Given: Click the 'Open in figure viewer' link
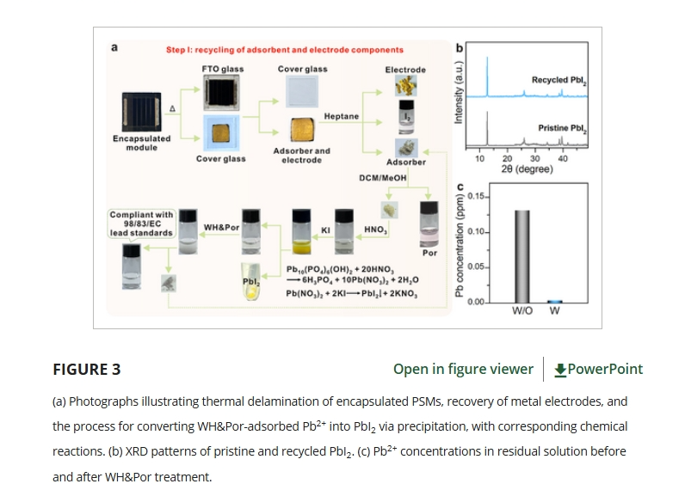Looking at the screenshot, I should (x=463, y=369).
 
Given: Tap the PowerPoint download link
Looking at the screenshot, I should (x=598, y=369).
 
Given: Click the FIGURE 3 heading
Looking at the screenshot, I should (x=87, y=370).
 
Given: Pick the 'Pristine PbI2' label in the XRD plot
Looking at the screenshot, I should (x=562, y=128).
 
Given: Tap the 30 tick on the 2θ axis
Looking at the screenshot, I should (x=535, y=159).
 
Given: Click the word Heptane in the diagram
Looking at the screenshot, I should (x=342, y=116).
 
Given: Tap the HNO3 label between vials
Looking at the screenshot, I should (x=377, y=230).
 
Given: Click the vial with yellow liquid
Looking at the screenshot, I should (x=303, y=230).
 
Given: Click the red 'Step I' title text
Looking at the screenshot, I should (x=285, y=51).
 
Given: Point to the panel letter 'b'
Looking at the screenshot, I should (x=460, y=47).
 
